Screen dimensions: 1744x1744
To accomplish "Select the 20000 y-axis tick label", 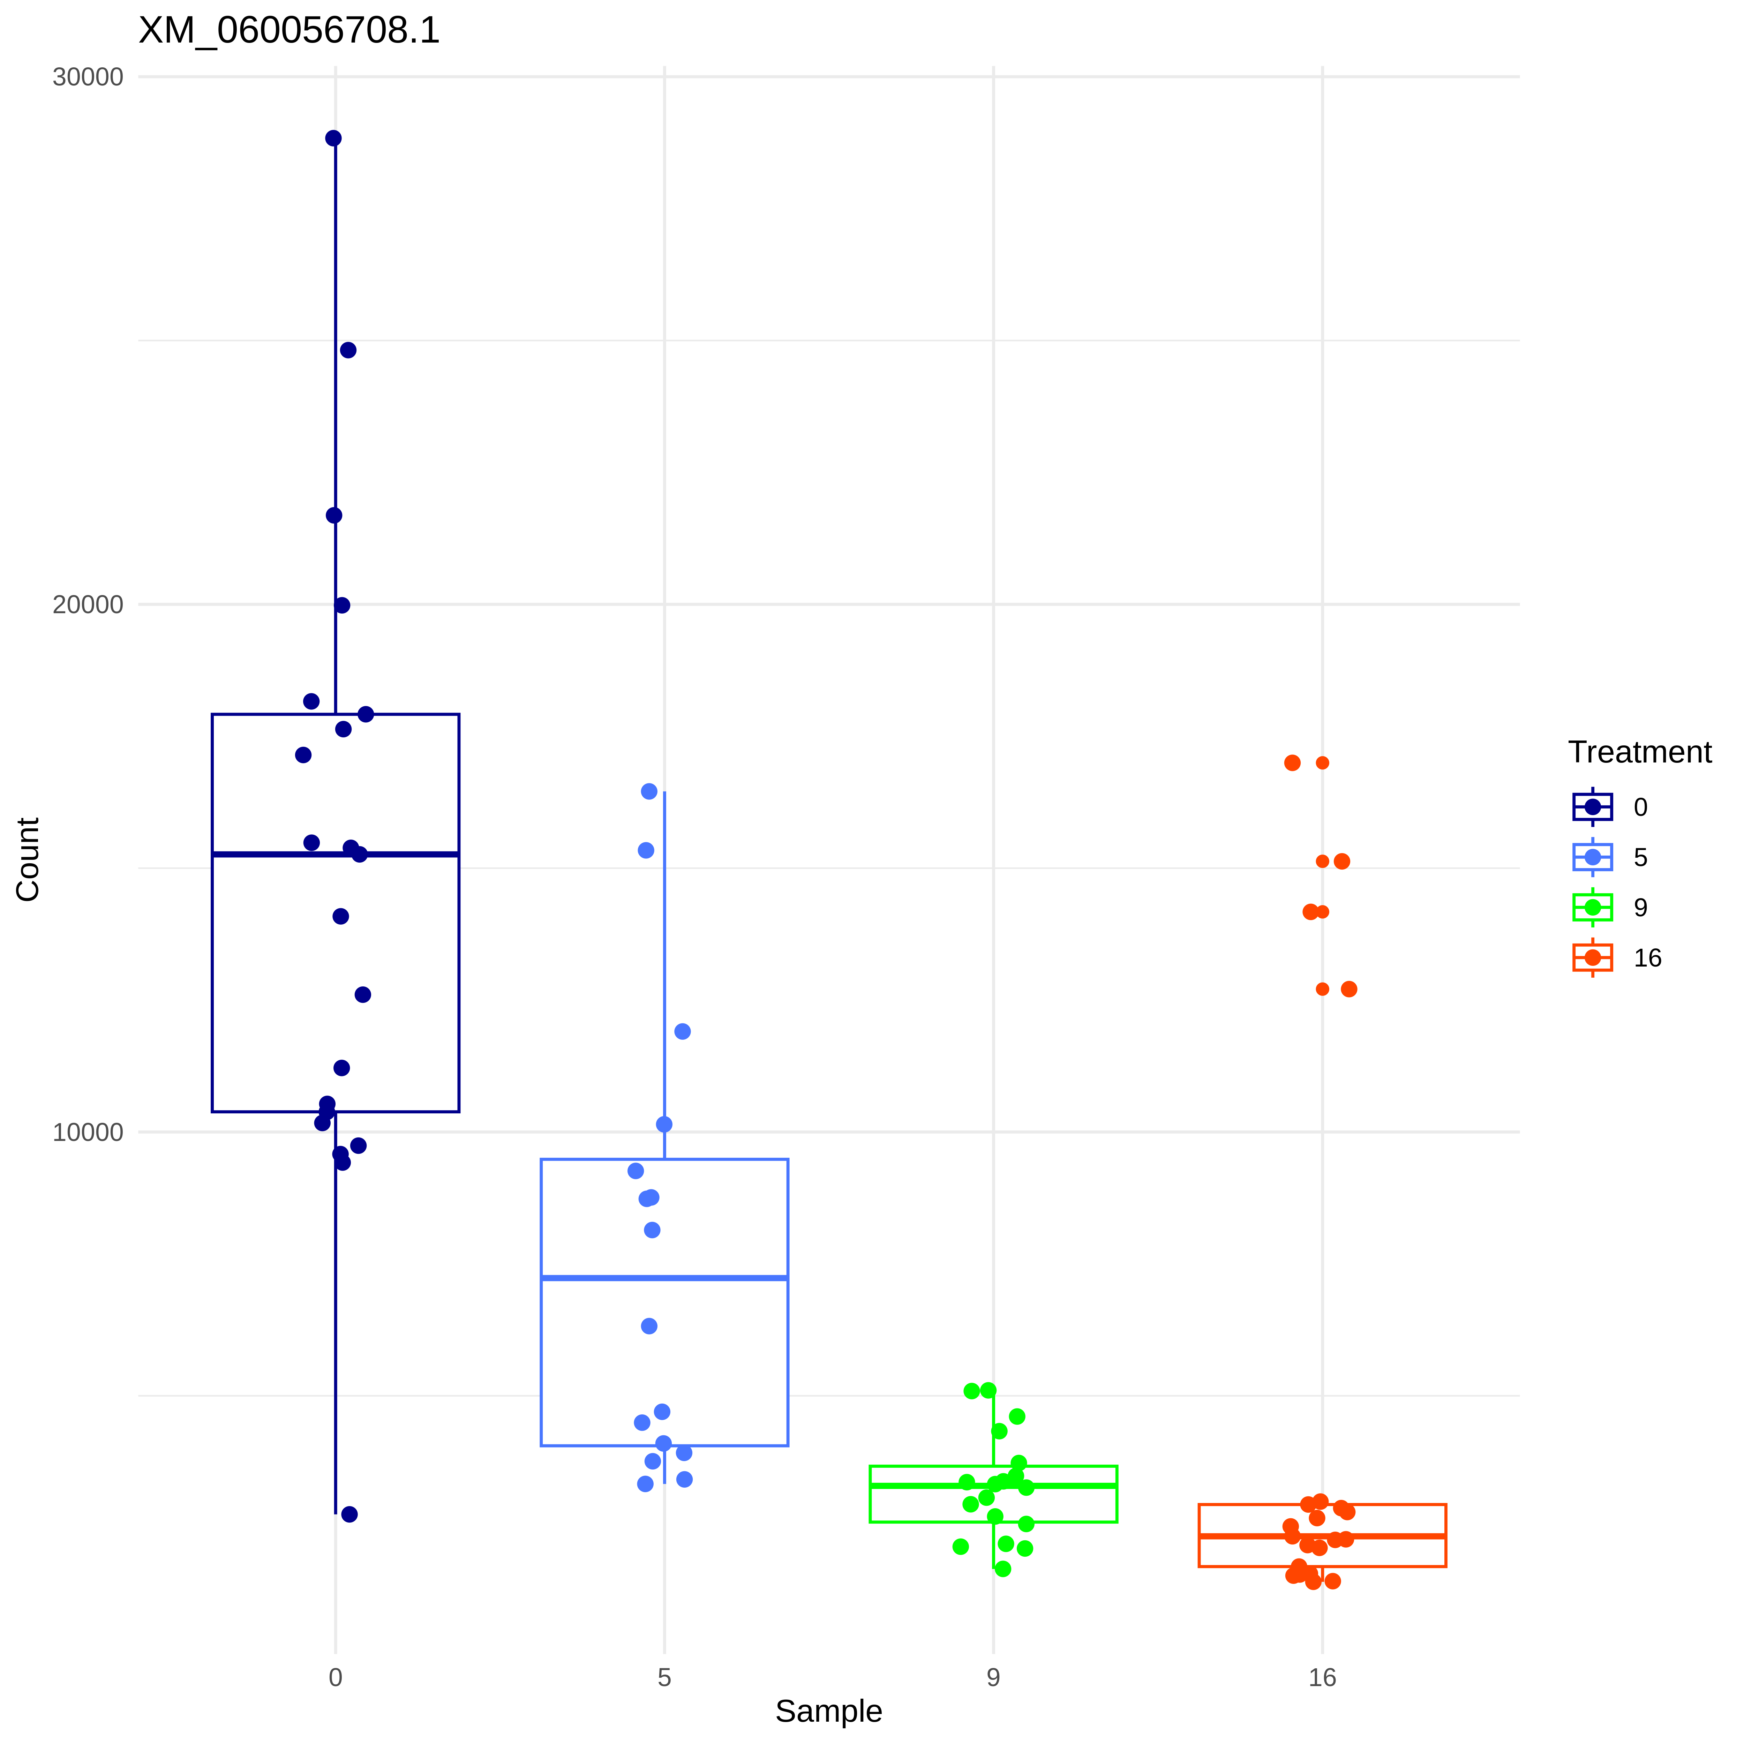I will (x=88, y=605).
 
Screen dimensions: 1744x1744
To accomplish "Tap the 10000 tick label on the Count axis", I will (x=88, y=1132).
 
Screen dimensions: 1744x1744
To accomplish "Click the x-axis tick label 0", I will (x=336, y=1678).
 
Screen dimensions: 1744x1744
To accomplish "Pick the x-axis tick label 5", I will (x=664, y=1678).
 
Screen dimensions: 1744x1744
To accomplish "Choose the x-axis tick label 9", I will (x=993, y=1678).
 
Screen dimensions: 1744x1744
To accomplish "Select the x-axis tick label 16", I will (x=1322, y=1678).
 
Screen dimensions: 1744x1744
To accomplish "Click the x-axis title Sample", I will (x=829, y=1712).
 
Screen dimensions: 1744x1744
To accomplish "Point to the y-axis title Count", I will (x=28, y=859).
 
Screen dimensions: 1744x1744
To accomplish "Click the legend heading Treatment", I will (x=1639, y=752).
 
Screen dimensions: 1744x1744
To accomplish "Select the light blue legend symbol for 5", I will (x=1592, y=857).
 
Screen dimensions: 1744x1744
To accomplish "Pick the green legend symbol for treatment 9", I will (x=1592, y=907).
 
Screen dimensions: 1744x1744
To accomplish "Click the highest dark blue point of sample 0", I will (x=333, y=138).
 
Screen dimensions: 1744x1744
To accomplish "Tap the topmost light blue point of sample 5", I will (x=649, y=792).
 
